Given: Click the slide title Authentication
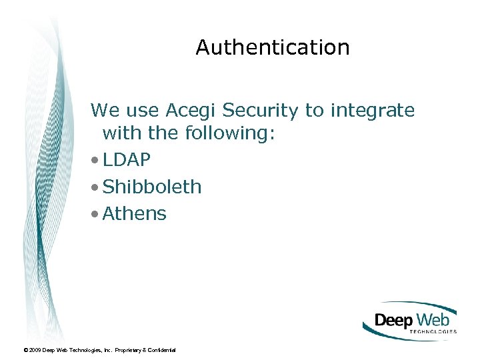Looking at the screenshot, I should (x=273, y=47).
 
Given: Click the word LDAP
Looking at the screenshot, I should (x=127, y=160).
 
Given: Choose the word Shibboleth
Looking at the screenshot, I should (x=152, y=187).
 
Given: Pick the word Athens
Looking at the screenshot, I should (x=135, y=214).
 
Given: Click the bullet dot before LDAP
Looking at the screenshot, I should (x=97, y=161).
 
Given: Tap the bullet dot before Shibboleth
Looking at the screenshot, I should (x=97, y=187).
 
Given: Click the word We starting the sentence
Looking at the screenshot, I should (x=103, y=110).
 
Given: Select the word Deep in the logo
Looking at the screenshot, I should (x=393, y=320).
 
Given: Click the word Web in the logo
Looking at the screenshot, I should (x=434, y=319).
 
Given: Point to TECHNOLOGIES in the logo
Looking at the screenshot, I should (x=432, y=331).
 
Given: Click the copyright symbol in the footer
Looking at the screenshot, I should (x=25, y=350).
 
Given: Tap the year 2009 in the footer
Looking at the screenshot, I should (x=35, y=350).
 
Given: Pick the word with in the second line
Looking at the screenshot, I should (x=123, y=133).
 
